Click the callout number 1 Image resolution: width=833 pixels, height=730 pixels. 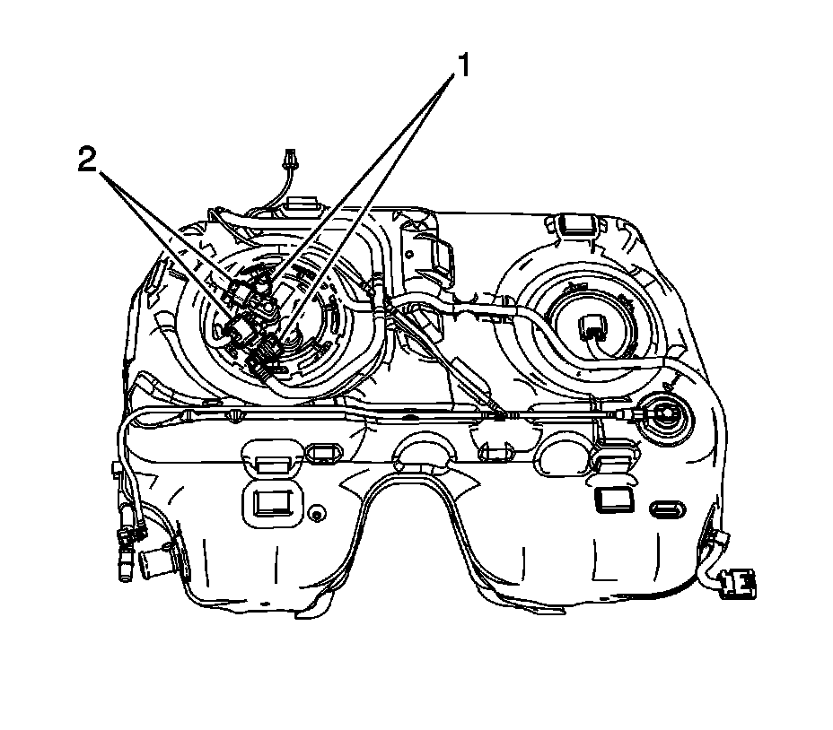coord(462,65)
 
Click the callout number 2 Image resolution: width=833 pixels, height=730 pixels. coord(87,161)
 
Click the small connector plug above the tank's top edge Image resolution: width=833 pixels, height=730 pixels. coord(289,161)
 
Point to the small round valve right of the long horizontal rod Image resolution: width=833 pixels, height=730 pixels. coord(666,415)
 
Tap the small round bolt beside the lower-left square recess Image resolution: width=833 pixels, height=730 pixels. coord(316,514)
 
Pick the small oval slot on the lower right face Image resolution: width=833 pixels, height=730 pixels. coord(669,510)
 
